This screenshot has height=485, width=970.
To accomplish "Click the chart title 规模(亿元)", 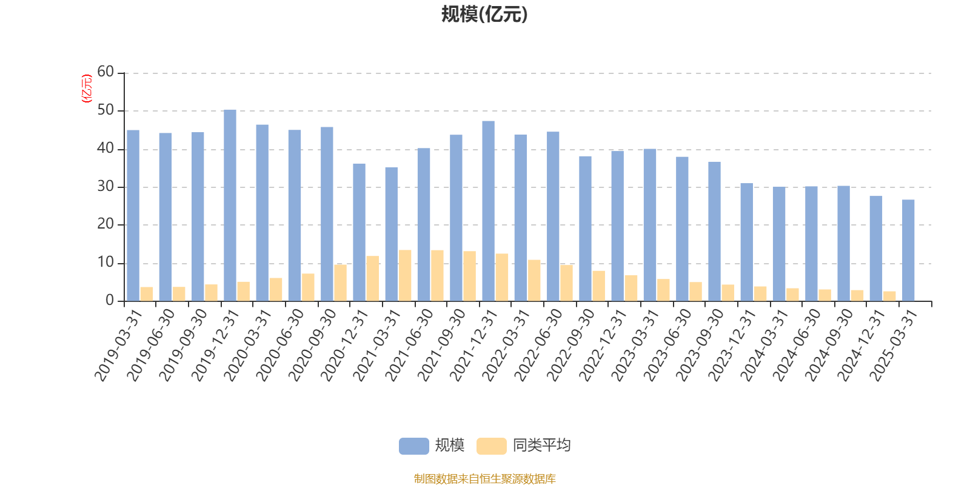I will pos(484,14).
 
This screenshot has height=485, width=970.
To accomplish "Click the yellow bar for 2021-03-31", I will pos(405,275).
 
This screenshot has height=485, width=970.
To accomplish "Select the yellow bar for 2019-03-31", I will pos(147,294).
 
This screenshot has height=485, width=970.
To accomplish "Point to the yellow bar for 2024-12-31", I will pos(889,296).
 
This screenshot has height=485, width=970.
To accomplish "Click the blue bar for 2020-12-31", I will pos(359,232).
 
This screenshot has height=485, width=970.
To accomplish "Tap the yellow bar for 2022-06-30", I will pos(566,283).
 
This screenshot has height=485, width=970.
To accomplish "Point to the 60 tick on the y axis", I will pos(105,72).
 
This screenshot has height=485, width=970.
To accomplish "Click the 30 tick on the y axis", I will pos(105,187).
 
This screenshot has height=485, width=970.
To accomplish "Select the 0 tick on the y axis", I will pos(110,301).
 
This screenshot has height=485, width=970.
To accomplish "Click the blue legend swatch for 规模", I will pos(413,446).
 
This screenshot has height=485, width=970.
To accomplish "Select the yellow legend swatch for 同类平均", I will pos(491,446).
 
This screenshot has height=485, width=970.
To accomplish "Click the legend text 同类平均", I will pos(541,446).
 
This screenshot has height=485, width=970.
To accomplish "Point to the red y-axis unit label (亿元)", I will pos(87,89).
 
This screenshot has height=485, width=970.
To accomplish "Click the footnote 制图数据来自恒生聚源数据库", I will pos(484,479).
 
